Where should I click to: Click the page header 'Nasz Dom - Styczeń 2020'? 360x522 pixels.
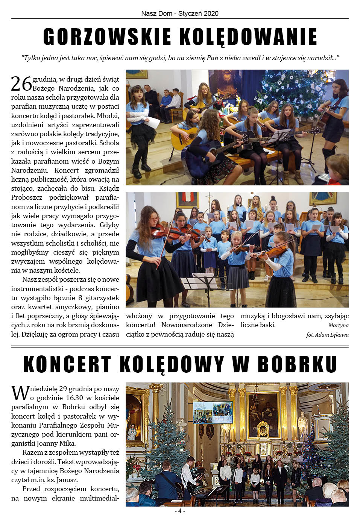pos(180,14)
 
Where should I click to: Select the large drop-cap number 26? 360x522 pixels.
pos(21,84)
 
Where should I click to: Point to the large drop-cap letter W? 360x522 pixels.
pos(20,393)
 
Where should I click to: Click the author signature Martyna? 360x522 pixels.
pos(338,325)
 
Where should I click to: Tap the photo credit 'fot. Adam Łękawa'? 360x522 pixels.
pos(327,335)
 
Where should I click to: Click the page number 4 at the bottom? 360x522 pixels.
pos(180,511)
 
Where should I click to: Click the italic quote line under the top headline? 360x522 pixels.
pos(180,58)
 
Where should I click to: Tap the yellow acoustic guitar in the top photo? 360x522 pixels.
pos(183,137)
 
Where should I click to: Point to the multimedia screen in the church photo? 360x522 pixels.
pos(213,412)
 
